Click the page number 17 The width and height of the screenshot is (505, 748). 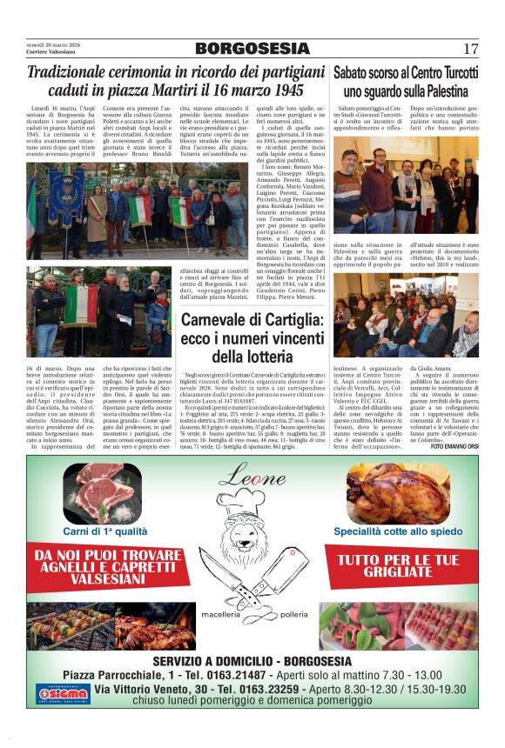coord(470,49)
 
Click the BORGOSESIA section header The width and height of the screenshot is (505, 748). coord(252,49)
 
